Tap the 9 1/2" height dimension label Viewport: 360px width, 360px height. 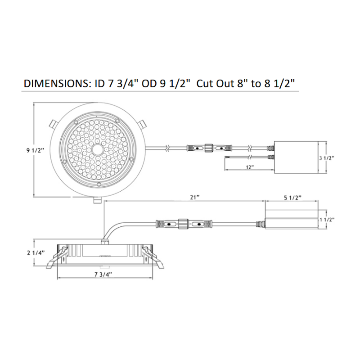coord(35,151)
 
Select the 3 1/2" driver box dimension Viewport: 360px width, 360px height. coord(327,158)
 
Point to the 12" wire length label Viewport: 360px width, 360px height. coord(250,167)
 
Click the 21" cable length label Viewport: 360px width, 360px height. coord(195,197)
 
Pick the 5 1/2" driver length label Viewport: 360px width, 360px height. coord(293,198)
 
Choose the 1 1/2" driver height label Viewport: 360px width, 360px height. coord(327,220)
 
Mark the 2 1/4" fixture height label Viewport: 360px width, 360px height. coord(36,253)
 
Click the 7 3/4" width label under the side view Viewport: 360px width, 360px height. coord(103,274)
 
